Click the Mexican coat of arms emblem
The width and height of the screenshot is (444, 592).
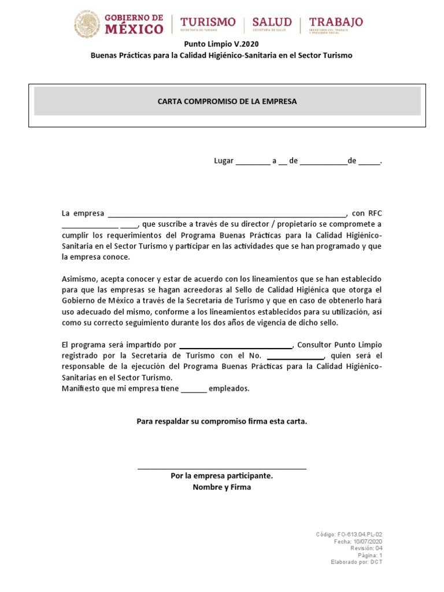pos(87,25)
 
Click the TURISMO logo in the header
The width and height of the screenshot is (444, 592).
pos(208,24)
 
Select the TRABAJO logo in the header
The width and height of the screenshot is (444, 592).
pos(336,24)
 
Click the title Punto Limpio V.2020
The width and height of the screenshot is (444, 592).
pos(221,44)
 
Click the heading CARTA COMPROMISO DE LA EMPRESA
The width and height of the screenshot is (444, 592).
pos(227,101)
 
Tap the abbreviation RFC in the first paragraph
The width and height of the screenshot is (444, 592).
pos(375,213)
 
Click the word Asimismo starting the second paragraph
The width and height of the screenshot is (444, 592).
pos(79,279)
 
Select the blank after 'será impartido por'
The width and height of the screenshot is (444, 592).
pos(235,346)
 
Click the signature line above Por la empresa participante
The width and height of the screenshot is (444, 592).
pos(222,468)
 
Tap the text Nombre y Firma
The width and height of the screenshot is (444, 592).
pos(222,487)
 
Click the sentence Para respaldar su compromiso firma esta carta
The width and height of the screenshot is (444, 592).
pos(222,421)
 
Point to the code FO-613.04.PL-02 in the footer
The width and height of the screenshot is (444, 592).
pos(359,535)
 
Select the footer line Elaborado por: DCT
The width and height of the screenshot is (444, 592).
pos(356,562)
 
